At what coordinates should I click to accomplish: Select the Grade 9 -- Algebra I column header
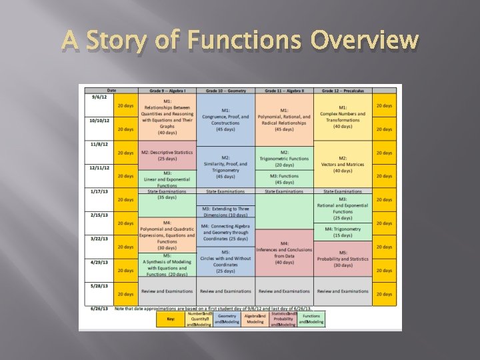tap(167, 90)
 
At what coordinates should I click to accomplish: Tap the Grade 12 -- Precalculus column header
tap(343, 90)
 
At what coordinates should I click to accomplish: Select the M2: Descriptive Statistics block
tap(167, 155)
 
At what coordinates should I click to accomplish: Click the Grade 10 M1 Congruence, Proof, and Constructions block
tap(225, 117)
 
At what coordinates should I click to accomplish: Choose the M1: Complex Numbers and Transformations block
tap(343, 117)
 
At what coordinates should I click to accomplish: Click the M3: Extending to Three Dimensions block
tap(225, 211)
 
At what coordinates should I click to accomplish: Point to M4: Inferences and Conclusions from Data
tap(284, 253)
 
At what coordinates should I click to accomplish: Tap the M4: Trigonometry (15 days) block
tap(343, 231)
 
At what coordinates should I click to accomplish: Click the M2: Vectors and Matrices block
tap(343, 164)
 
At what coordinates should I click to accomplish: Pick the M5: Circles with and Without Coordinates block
tap(225, 261)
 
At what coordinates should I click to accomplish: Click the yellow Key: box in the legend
tap(171, 319)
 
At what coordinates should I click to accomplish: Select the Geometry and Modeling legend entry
tap(227, 319)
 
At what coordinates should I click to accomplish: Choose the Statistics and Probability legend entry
tap(283, 319)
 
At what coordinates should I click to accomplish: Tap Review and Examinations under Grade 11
tap(284, 291)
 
